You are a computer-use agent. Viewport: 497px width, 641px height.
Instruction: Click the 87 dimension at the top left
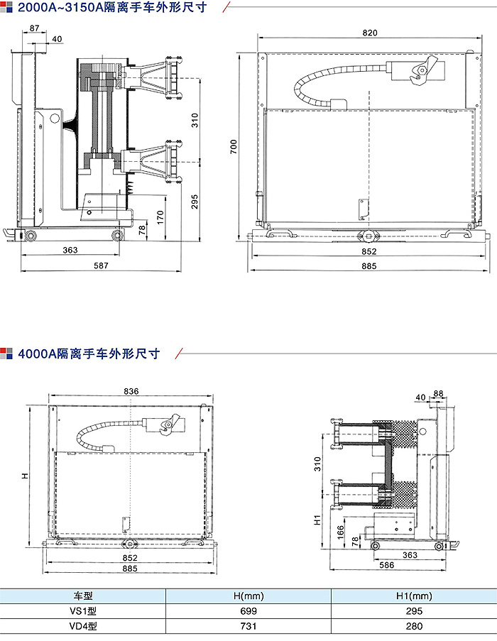35,28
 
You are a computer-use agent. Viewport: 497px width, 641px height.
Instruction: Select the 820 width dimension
369,33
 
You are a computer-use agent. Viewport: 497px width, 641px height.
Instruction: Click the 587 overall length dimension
102,265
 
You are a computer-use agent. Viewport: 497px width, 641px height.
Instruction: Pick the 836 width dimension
131,391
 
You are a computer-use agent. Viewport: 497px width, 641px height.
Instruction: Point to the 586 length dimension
386,565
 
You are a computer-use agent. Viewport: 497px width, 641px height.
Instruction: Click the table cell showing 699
248,611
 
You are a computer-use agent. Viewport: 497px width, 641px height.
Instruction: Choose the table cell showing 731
248,626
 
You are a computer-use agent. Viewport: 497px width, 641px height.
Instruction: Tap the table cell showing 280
414,626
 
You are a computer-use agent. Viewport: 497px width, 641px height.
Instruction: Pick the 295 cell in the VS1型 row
414,611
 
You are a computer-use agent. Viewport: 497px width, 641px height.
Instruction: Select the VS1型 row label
83,611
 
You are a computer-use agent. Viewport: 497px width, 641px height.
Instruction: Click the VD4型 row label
83,626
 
